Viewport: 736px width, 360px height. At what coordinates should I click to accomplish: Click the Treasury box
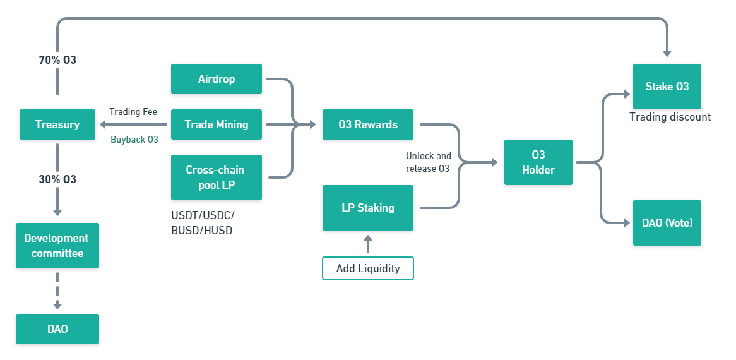[x=57, y=124]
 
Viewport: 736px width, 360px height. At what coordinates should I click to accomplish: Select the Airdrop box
[x=217, y=79]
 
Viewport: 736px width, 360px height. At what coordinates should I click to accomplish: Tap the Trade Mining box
[x=217, y=124]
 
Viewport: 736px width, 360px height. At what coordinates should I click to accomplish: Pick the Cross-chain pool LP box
[x=217, y=177]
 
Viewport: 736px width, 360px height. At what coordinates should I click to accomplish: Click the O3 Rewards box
[x=368, y=124]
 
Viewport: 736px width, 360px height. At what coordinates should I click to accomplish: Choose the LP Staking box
[x=368, y=207]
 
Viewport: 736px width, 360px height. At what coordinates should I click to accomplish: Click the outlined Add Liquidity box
[x=368, y=268]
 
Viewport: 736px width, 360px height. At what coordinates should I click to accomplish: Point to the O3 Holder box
[x=538, y=162]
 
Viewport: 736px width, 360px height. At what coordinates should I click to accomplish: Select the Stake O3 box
[x=667, y=87]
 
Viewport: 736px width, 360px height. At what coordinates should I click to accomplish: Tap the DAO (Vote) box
[x=667, y=223]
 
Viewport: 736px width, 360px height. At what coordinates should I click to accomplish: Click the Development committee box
[x=57, y=246]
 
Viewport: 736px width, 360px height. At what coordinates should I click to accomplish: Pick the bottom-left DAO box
[x=57, y=329]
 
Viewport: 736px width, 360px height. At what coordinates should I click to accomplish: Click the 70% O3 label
[x=57, y=60]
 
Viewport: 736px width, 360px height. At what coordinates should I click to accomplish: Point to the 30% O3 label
[x=57, y=179]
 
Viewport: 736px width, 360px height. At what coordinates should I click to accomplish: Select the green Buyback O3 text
[x=134, y=140]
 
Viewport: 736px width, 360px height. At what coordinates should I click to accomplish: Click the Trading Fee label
[x=133, y=112]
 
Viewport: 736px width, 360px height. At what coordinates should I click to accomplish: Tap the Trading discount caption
[x=670, y=117]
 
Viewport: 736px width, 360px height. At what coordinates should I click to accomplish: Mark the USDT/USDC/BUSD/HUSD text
[x=203, y=223]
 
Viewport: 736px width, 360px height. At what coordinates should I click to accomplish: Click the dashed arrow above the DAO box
[x=57, y=291]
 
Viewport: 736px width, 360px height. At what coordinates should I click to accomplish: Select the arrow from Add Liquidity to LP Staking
[x=368, y=244]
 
